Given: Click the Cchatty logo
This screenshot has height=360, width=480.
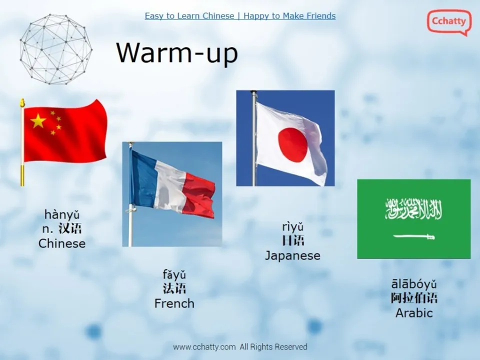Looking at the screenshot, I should pyautogui.click(x=448, y=22).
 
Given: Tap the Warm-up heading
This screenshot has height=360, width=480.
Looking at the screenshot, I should pyautogui.click(x=176, y=52).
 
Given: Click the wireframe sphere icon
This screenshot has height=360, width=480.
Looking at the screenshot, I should pyautogui.click(x=56, y=49).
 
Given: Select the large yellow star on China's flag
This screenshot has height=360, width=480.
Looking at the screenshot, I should pyautogui.click(x=38, y=120).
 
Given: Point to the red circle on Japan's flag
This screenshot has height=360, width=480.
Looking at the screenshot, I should pyautogui.click(x=292, y=144).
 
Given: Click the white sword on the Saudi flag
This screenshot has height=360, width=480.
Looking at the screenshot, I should pyautogui.click(x=413, y=236).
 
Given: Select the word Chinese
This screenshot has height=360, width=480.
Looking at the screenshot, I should pyautogui.click(x=62, y=243).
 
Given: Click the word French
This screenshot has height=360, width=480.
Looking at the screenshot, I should pyautogui.click(x=174, y=303).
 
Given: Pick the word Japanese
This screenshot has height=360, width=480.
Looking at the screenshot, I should pyautogui.click(x=292, y=255).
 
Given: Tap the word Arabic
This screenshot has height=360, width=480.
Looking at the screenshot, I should pyautogui.click(x=414, y=313).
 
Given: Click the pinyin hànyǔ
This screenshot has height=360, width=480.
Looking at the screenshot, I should pyautogui.click(x=62, y=215).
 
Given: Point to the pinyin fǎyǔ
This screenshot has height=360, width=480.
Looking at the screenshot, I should pyautogui.click(x=174, y=274).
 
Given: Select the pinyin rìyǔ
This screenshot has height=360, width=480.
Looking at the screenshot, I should pyautogui.click(x=292, y=227).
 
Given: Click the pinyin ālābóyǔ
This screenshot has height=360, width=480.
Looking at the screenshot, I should pyautogui.click(x=414, y=284).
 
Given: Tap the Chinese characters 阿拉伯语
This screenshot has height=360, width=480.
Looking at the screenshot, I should pyautogui.click(x=414, y=298).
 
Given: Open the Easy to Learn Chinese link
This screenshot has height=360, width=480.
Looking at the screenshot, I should pyautogui.click(x=189, y=16).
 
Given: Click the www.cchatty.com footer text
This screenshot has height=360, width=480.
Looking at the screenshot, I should pyautogui.click(x=204, y=346).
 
